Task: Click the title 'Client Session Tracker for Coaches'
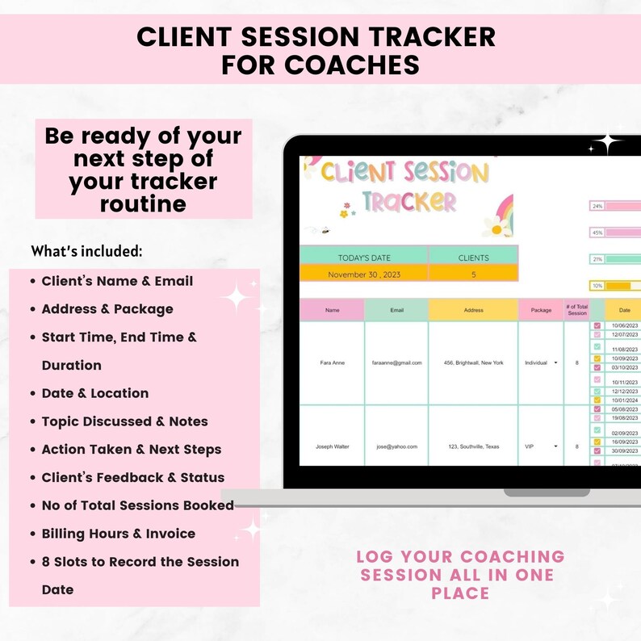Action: [320, 49]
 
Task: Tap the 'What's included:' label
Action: [86, 251]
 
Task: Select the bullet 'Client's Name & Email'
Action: [117, 281]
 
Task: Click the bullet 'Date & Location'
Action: [94, 393]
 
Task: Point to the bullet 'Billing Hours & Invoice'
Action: [118, 534]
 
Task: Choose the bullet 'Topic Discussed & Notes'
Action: [124, 421]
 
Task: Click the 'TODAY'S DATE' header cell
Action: [363, 258]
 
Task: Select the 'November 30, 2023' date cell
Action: [363, 274]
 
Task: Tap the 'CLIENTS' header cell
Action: [473, 258]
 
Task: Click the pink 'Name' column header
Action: [332, 310]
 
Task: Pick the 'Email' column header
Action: [396, 310]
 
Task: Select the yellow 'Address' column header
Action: [473, 310]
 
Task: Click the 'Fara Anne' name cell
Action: [332, 362]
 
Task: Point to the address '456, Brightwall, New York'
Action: [473, 362]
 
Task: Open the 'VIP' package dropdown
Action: [556, 446]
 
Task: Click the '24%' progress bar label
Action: [597, 206]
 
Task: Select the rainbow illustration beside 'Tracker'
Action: [497, 216]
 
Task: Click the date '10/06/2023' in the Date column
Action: [624, 325]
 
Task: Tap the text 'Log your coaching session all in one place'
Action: [460, 575]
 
